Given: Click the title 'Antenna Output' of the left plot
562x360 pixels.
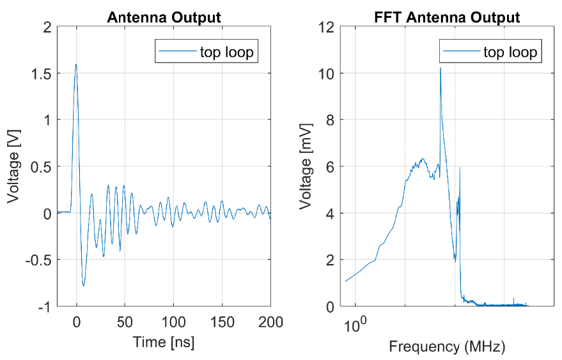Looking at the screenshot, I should (x=163, y=17).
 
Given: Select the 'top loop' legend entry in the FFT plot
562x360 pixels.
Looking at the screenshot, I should (x=510, y=51).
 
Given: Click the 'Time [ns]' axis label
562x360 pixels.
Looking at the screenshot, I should (x=164, y=342).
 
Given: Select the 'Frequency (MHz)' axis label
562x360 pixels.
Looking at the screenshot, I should (x=447, y=347).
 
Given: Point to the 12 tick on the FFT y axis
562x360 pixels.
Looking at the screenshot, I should (x=328, y=26).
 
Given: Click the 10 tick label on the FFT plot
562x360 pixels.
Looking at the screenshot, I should (x=328, y=73).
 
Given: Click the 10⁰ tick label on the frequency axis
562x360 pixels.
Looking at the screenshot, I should (x=354, y=324).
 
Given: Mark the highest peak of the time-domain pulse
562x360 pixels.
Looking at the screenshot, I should (x=76, y=64).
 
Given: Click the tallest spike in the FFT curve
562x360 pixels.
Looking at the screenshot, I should (x=441, y=67).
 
